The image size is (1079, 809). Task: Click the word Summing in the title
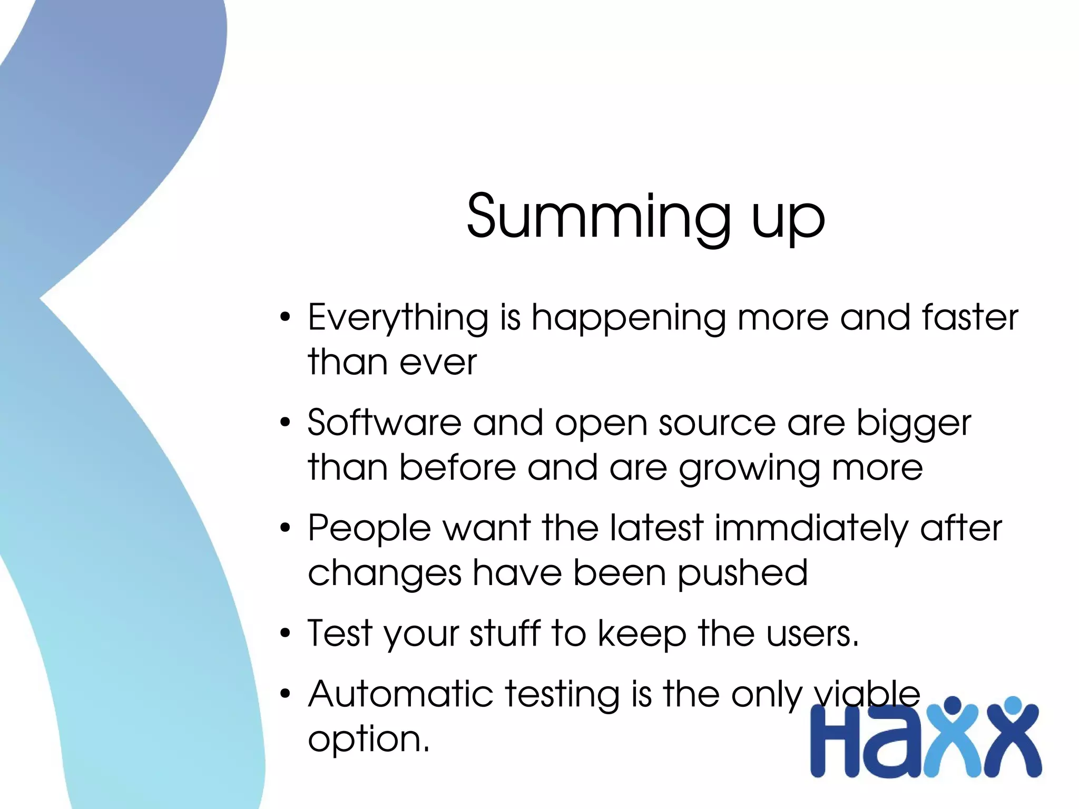pyautogui.click(x=599, y=216)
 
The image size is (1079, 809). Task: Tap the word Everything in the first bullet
pyautogui.click(x=398, y=318)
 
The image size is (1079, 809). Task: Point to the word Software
pyautogui.click(x=384, y=423)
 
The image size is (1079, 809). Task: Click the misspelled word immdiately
pyautogui.click(x=811, y=529)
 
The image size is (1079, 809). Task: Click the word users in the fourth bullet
pyautogui.click(x=812, y=634)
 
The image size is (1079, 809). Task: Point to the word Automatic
pyautogui.click(x=400, y=694)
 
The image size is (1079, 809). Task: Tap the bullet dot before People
pyautogui.click(x=285, y=528)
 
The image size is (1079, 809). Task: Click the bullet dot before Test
pyautogui.click(x=285, y=633)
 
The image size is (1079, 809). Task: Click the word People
pyautogui.click(x=369, y=529)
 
